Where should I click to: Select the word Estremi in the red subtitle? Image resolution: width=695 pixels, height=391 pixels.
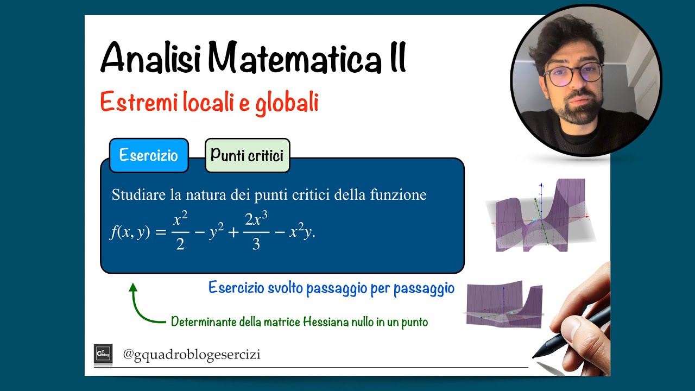pos(134,103)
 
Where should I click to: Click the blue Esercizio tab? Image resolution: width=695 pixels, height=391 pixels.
pos(148,156)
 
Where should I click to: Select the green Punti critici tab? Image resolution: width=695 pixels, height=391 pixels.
pos(247,156)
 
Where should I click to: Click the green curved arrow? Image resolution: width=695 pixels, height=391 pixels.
pos(142,307)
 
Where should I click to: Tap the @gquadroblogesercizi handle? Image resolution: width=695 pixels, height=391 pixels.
pos(191,355)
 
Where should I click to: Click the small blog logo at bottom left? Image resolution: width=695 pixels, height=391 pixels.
pos(103,354)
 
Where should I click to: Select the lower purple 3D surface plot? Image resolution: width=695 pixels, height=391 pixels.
pos(504,305)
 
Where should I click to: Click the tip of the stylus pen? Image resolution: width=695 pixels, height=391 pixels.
pos(535,356)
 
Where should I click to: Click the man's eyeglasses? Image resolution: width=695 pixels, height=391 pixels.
pos(571,75)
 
